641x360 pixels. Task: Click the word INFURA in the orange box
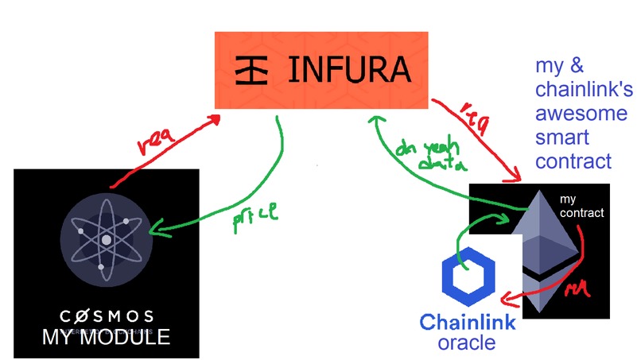pyautogui.click(x=350, y=71)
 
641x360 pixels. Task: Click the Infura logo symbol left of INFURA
pyautogui.click(x=254, y=71)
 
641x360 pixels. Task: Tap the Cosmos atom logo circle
pyautogui.click(x=105, y=238)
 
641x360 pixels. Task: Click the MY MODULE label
pyautogui.click(x=106, y=337)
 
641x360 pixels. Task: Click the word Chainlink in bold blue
pyautogui.click(x=467, y=323)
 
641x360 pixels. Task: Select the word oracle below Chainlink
pyautogui.click(x=467, y=343)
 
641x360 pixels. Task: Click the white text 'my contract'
pyautogui.click(x=581, y=206)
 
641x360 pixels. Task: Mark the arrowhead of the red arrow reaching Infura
pyautogui.click(x=216, y=117)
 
